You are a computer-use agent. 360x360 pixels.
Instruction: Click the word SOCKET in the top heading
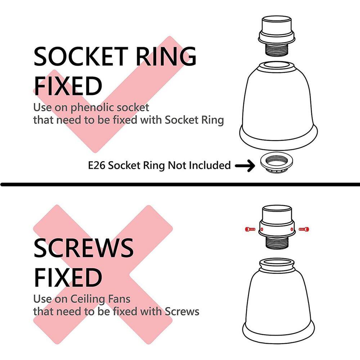coord(81,56)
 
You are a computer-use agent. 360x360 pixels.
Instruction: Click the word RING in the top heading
coord(166,56)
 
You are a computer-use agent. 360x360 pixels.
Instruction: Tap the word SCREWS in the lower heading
coord(84,248)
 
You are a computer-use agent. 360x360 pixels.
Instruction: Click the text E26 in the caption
coord(96,165)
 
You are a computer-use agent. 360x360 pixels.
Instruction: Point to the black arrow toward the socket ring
coord(245,165)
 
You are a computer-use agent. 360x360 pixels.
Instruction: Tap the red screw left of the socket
coord(250,229)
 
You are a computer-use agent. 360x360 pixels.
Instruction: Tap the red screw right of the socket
coord(304,229)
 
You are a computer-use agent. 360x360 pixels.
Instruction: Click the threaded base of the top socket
coord(276,49)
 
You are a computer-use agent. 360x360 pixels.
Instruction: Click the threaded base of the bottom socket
coord(276,242)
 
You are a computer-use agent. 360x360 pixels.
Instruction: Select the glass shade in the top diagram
coord(279,105)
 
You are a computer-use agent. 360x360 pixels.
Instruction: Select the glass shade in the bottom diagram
coord(279,301)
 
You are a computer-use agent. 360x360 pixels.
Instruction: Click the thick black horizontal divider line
coord(180,184)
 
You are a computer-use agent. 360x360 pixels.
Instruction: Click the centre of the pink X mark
coord(103,274)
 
